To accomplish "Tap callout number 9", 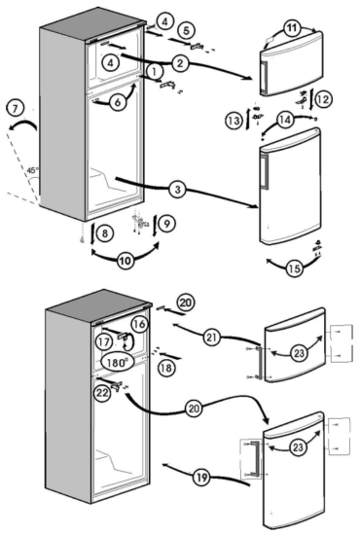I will (165, 223).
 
